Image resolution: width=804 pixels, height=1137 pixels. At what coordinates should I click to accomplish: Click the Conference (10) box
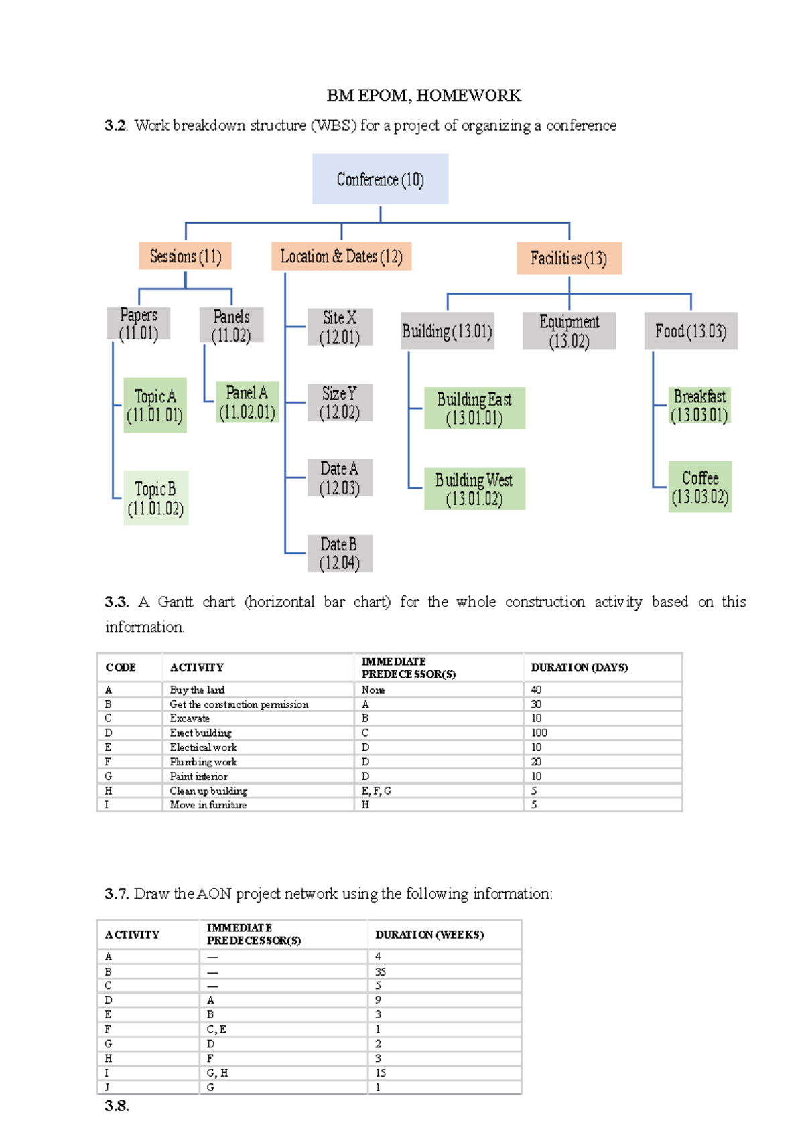click(x=380, y=179)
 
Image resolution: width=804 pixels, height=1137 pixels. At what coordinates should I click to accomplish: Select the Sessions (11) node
click(x=186, y=256)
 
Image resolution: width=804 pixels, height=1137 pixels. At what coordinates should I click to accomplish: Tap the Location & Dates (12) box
click(x=341, y=257)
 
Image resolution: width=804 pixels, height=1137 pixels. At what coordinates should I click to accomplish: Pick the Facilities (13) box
click(x=569, y=258)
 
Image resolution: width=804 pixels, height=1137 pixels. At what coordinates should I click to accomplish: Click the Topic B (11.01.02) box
click(x=155, y=498)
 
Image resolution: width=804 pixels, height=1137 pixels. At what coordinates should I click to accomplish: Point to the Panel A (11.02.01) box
click(x=247, y=402)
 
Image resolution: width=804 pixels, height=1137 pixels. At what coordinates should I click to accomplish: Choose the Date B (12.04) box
click(x=339, y=553)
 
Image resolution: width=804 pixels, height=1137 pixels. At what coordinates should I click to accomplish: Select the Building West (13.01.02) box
click(x=474, y=489)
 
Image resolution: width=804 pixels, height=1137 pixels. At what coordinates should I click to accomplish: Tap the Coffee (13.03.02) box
click(x=699, y=487)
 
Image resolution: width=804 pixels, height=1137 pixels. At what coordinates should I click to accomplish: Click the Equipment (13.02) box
click(x=569, y=331)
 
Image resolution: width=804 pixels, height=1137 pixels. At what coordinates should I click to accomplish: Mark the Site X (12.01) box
click(x=340, y=327)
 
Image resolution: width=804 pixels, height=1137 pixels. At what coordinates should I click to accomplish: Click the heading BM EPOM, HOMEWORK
click(x=423, y=96)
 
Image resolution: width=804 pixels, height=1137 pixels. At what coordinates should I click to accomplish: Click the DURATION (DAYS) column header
click(x=579, y=668)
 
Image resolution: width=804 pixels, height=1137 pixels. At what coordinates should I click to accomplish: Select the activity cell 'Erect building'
click(x=200, y=733)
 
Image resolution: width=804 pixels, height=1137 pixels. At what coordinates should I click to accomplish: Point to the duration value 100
click(x=539, y=733)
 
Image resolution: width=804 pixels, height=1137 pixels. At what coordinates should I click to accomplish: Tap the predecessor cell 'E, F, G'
click(x=377, y=791)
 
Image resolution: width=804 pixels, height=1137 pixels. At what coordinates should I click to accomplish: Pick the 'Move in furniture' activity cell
click(x=208, y=805)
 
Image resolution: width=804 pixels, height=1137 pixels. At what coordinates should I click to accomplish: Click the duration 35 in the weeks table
click(x=381, y=972)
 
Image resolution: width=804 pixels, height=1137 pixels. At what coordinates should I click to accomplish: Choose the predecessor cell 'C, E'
click(x=216, y=1029)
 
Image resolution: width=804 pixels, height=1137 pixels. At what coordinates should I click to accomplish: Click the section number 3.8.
click(x=117, y=1106)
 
